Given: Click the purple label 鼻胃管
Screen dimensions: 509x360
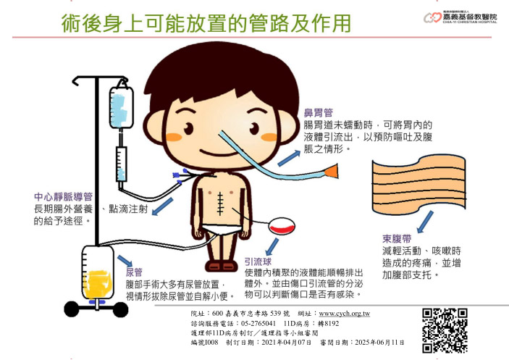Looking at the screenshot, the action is [318, 113].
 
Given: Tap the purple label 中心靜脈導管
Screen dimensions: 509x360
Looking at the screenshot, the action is [63, 197].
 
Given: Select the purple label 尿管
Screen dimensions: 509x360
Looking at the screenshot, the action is [134, 272].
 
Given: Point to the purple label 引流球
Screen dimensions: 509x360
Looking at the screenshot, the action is [258, 261].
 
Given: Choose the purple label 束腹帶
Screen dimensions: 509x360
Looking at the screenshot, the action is [397, 239].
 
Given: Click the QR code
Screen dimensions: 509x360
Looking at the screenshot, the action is [445, 330].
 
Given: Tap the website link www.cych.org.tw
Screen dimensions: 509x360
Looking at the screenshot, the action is [345, 314].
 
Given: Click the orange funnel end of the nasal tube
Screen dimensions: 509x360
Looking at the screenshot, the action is [332, 171].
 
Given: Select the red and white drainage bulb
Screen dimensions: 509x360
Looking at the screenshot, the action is [282, 226].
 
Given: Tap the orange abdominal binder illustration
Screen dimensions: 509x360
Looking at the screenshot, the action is [418, 185].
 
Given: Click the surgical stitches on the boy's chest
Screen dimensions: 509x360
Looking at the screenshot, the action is [220, 204].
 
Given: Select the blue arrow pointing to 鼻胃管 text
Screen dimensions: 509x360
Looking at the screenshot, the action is [289, 159].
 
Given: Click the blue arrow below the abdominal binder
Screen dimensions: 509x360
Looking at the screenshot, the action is [425, 222].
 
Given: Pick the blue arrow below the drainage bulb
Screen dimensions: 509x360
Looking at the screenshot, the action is [272, 247].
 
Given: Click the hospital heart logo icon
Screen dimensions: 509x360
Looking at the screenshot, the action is [433, 17].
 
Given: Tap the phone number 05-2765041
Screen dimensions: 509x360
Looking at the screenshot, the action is [258, 324].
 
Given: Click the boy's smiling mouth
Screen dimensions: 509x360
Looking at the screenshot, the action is [216, 153].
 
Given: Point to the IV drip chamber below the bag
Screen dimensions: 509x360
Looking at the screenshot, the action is [122, 164].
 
